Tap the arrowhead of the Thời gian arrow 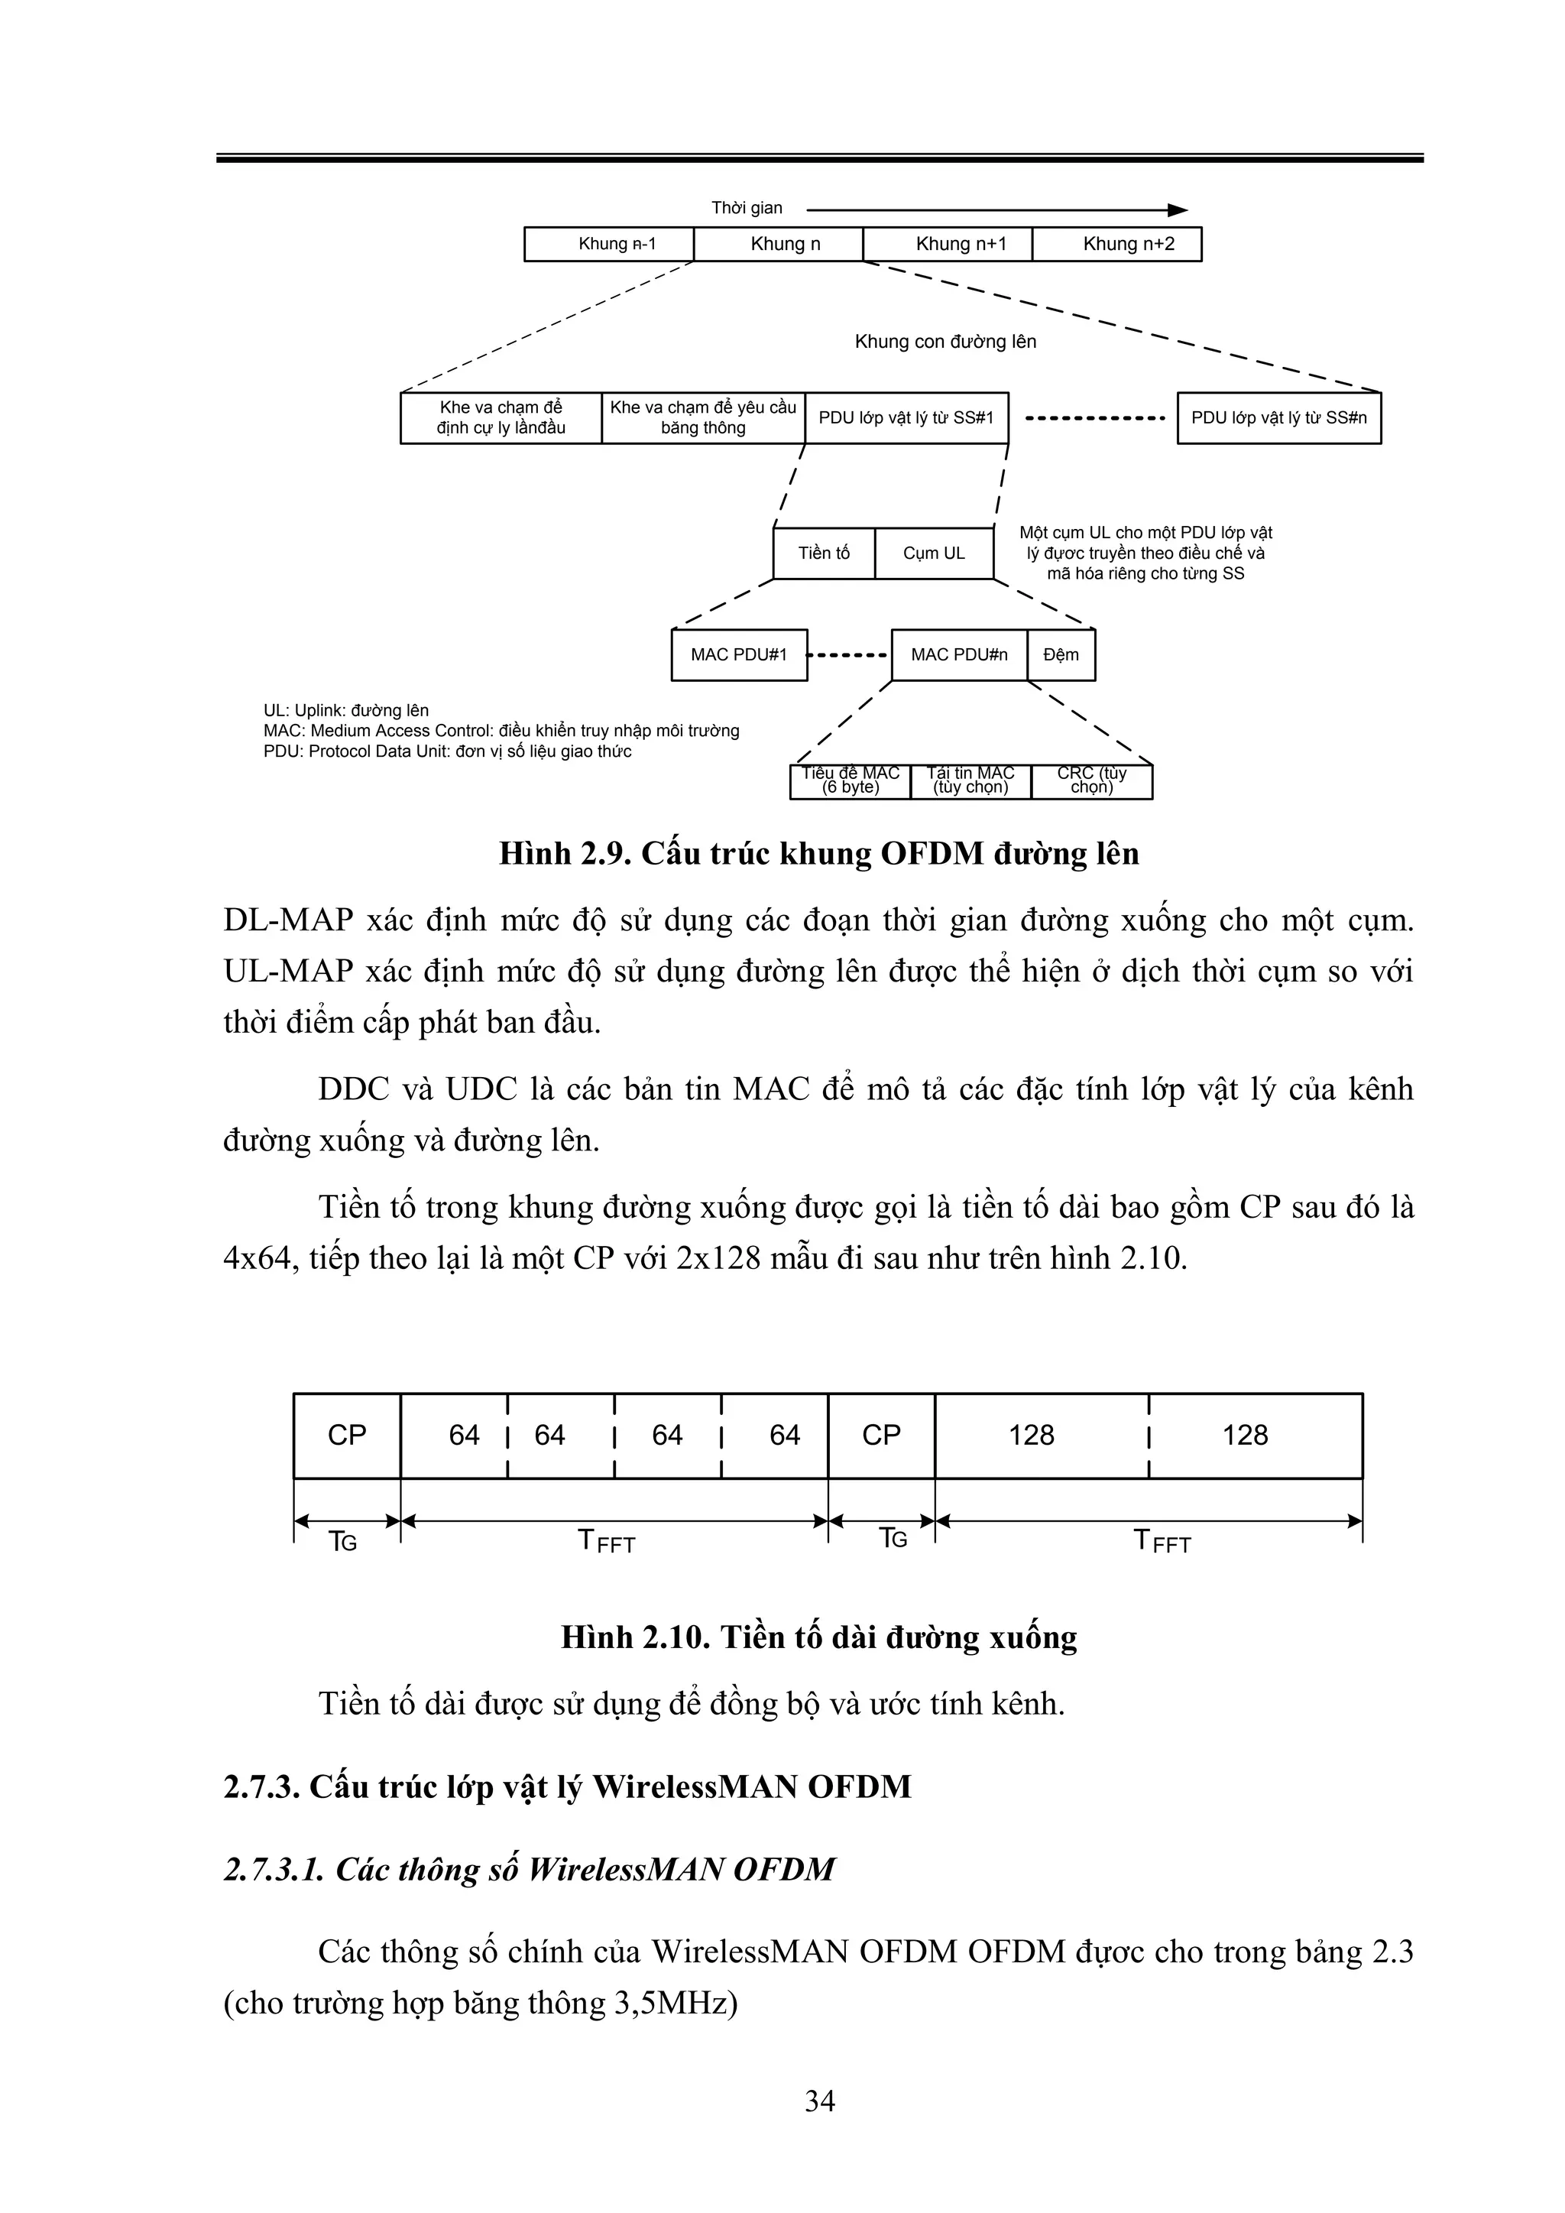[1178, 210]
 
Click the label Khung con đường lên [945, 341]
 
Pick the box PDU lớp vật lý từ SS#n [1278, 417]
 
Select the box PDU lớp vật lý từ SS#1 [906, 417]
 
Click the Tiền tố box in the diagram [824, 553]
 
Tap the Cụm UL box [934, 553]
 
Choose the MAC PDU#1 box [739, 654]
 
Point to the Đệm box [1061, 654]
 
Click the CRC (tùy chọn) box [1092, 780]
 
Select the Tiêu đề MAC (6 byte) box [850, 780]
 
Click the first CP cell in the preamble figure [347, 1435]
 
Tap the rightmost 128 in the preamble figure [1245, 1435]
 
